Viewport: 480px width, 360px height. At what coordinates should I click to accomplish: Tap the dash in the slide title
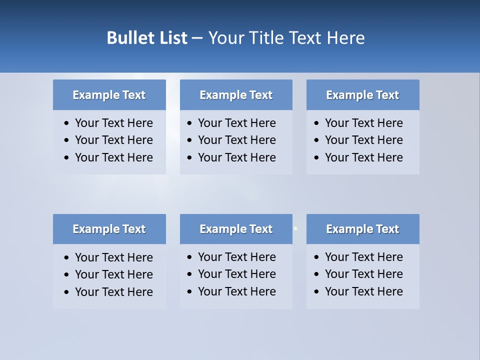(x=197, y=38)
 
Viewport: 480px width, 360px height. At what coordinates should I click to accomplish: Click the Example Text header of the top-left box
(x=109, y=95)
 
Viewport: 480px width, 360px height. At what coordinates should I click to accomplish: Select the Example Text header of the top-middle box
(x=236, y=95)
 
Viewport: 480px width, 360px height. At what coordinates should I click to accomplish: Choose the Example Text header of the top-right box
(x=362, y=95)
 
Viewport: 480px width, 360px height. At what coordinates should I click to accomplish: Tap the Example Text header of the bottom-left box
(x=109, y=229)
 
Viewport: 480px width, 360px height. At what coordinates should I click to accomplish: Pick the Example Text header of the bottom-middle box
(x=236, y=229)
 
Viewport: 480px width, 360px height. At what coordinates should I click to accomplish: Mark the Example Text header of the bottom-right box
(x=362, y=229)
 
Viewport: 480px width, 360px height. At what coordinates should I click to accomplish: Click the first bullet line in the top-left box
(x=113, y=123)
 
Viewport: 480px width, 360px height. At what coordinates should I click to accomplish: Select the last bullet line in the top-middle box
(x=236, y=157)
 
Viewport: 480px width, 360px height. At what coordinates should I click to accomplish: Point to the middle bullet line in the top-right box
(x=363, y=140)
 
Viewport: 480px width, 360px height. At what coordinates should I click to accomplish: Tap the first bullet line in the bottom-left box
(x=113, y=257)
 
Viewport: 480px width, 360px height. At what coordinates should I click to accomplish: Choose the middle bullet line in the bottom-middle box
(x=236, y=274)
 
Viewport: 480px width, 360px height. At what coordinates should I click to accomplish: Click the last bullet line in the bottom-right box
(x=363, y=291)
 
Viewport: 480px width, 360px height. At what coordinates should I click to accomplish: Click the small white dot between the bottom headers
(x=295, y=228)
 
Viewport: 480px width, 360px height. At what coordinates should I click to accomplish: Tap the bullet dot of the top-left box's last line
(x=67, y=158)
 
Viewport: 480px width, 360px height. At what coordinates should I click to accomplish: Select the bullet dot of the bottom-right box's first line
(x=316, y=257)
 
